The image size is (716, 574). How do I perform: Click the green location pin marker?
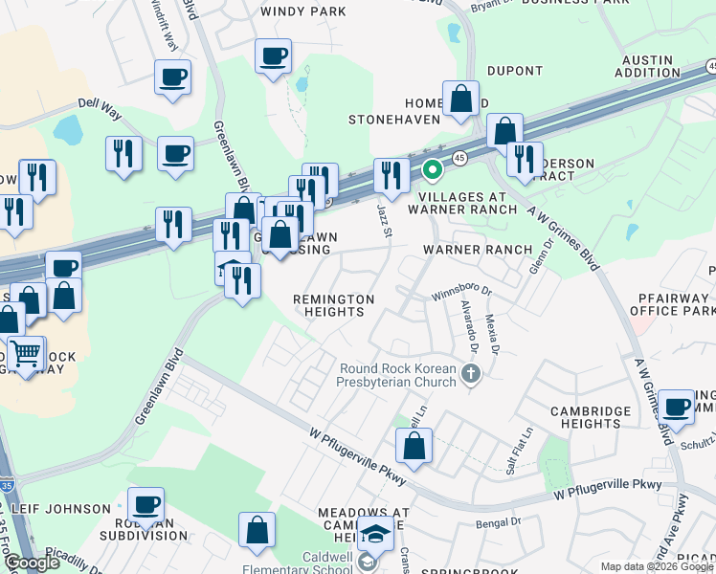(x=432, y=171)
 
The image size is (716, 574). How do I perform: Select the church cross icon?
(x=469, y=372)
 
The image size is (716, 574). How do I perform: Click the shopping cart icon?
(x=26, y=354)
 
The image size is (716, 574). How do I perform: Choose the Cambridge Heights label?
(x=592, y=417)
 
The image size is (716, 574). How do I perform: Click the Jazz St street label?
(x=384, y=218)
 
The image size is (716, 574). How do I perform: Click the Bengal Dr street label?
(x=501, y=521)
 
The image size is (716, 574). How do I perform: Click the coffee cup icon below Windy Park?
(x=273, y=55)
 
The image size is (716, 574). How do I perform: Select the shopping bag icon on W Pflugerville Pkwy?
(x=414, y=445)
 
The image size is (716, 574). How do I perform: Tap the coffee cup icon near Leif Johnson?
(x=146, y=504)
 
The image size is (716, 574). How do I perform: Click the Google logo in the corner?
(x=32, y=563)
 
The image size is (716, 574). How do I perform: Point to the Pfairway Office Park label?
(x=674, y=304)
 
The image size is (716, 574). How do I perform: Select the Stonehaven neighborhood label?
(x=393, y=120)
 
